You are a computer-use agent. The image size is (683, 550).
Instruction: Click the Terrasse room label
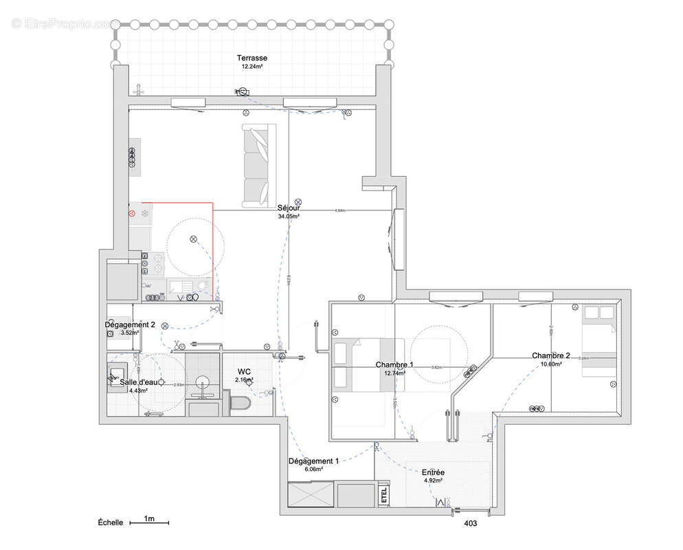[x=251, y=58]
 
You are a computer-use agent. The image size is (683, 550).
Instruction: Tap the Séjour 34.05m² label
[x=289, y=211]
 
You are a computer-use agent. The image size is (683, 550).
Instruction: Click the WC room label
[x=244, y=371]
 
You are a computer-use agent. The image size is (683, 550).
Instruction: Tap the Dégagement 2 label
[x=130, y=324]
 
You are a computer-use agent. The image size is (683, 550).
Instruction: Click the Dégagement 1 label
[x=313, y=461]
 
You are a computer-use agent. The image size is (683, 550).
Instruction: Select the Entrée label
[x=433, y=472]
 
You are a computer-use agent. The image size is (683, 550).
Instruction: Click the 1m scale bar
[x=148, y=522]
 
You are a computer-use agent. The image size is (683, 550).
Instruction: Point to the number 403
[x=470, y=523]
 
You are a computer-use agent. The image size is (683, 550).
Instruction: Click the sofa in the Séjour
[x=259, y=165]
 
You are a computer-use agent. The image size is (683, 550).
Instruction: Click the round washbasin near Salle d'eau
[x=203, y=382]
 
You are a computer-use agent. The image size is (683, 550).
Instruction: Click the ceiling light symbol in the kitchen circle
[x=193, y=239]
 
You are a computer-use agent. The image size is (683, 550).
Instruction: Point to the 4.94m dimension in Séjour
[x=339, y=210]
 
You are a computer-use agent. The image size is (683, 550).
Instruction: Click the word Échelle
[x=111, y=522]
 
